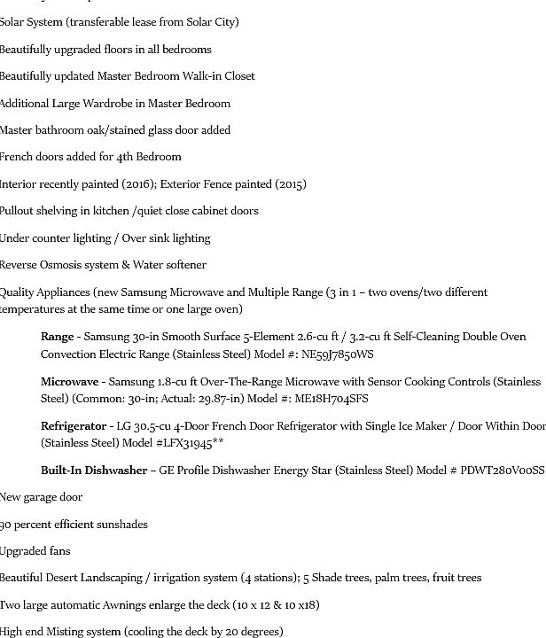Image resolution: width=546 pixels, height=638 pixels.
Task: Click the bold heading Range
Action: (x=57, y=337)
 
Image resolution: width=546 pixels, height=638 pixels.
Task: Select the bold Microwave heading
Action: (x=69, y=382)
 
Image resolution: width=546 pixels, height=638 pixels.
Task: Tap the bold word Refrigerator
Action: (x=74, y=426)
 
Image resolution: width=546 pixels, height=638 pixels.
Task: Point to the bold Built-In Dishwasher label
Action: (x=93, y=471)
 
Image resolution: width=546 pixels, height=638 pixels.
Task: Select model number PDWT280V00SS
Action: (x=502, y=471)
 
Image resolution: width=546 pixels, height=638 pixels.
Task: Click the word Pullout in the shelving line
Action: (x=19, y=211)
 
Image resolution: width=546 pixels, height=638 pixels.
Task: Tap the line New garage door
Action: (x=42, y=497)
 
